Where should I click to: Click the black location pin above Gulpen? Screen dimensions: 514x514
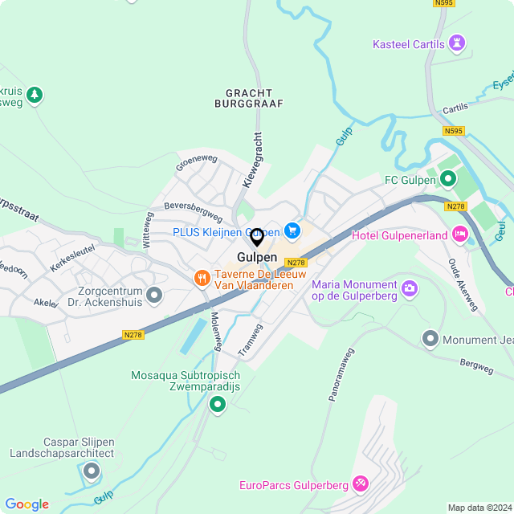click(257, 238)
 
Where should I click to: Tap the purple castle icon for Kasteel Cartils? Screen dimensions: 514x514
click(458, 43)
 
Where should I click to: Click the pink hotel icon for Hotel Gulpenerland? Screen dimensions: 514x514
click(460, 235)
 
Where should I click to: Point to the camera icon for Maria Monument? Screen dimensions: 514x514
click(410, 288)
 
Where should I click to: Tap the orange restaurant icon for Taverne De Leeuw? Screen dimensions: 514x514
click(201, 278)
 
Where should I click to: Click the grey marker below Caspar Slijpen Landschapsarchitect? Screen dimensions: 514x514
click(92, 471)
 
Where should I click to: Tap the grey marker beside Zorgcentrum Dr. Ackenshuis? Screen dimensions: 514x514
click(155, 296)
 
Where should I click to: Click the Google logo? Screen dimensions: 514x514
click(27, 504)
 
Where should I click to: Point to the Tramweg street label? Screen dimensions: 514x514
click(251, 341)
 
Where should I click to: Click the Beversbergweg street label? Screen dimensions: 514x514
click(193, 212)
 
